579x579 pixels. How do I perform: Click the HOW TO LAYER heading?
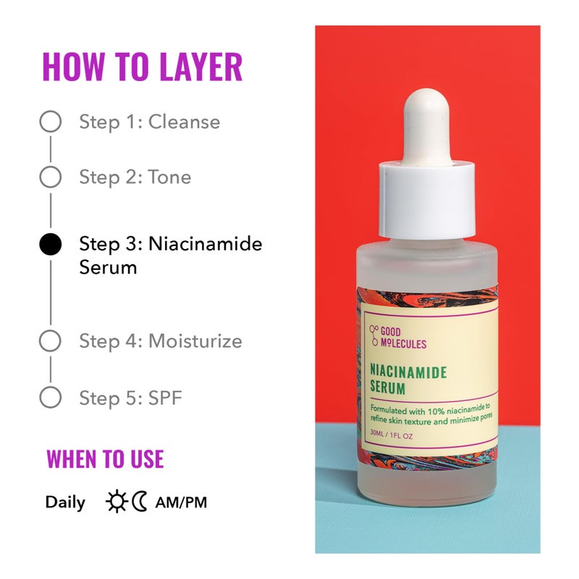point(142,67)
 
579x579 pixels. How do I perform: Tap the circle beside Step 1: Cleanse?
point(50,122)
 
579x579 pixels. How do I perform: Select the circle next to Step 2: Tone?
point(50,177)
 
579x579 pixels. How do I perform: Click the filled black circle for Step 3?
point(50,244)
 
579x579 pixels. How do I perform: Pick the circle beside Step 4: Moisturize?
point(50,341)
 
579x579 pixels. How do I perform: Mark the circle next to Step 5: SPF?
point(50,397)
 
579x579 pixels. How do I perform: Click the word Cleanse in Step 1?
point(184,122)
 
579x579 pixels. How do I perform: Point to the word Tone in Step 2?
point(169,177)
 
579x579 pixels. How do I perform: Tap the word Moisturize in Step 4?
point(195,341)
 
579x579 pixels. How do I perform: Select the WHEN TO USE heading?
point(105,459)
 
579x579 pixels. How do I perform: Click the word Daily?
point(65,502)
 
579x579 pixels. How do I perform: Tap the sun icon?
point(116,502)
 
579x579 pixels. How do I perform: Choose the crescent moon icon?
point(139,502)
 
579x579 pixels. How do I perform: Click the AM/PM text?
point(181,502)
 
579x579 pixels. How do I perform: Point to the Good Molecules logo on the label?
point(399,338)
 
